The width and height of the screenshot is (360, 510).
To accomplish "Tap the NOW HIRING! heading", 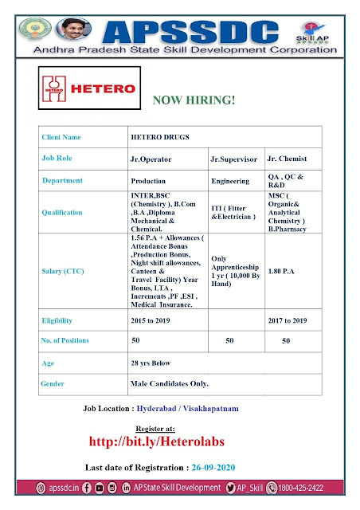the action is [186, 100].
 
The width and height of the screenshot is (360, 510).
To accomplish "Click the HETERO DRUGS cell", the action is [158, 137].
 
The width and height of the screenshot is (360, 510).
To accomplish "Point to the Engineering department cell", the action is [230, 181].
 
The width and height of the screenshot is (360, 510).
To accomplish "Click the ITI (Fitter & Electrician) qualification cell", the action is [233, 213].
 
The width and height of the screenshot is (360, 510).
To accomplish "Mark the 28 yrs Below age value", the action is [151, 363].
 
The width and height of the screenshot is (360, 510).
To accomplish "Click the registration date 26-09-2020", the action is [236, 466].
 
